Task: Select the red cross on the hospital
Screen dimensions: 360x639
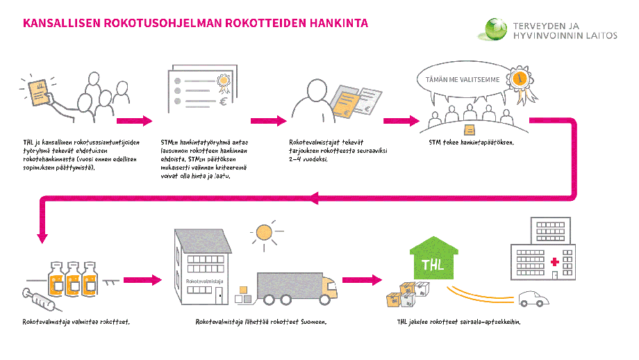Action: point(554,263)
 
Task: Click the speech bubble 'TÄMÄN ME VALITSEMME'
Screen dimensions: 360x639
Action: point(462,80)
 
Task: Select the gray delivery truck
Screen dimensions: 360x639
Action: point(296,288)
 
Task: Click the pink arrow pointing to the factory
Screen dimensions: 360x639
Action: point(144,281)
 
